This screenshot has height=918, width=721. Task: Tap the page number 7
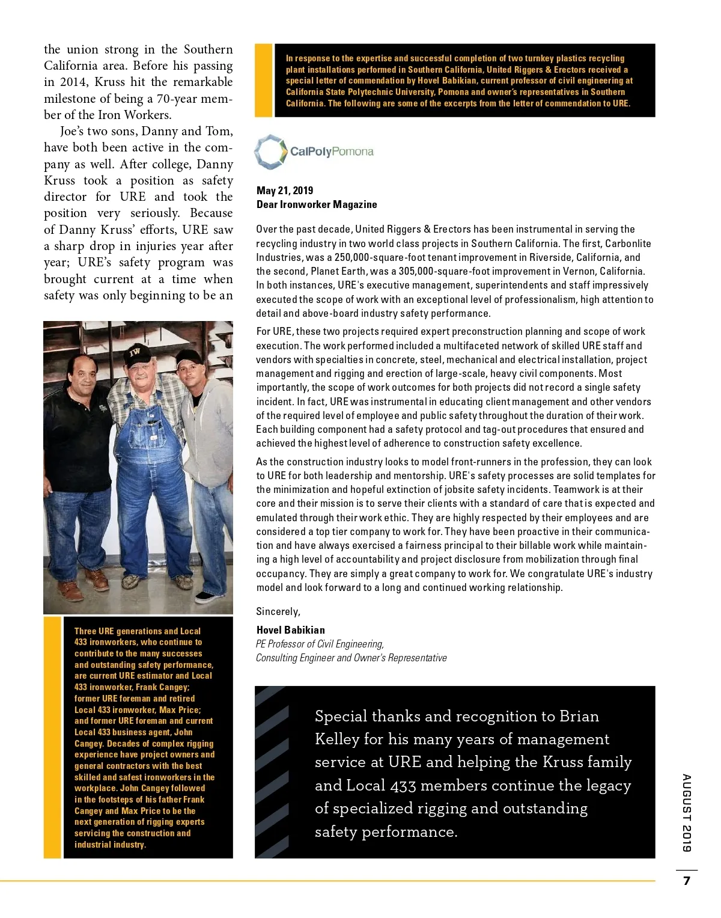(x=687, y=881)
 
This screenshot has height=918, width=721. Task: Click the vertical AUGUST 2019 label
(x=687, y=813)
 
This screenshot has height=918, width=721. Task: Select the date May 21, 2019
(x=285, y=191)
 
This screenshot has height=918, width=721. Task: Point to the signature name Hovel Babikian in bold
(x=290, y=630)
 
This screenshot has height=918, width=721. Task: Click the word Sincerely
(x=278, y=611)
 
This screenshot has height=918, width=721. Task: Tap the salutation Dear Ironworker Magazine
(x=317, y=204)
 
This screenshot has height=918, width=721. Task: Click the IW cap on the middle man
(x=136, y=353)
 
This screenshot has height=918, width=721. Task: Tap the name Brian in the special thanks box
(x=579, y=716)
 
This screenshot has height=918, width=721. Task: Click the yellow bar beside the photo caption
(x=53, y=737)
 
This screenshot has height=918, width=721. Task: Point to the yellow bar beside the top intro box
(x=263, y=80)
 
